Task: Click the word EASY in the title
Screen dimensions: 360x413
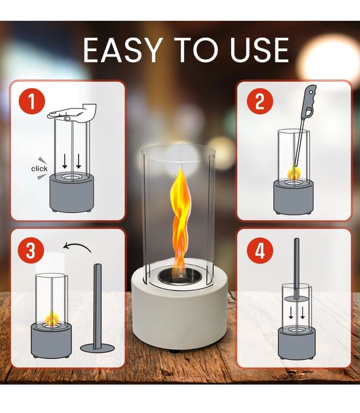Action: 122,50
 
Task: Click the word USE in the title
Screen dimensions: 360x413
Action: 259,50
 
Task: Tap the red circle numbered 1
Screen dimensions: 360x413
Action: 31,101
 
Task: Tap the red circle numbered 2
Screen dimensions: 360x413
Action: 260,101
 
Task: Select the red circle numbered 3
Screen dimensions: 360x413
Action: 31,250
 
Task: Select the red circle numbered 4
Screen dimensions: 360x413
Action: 260,250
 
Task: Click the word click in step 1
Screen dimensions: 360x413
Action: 39,169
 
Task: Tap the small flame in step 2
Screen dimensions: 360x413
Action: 294,173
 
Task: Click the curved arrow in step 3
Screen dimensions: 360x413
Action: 77,246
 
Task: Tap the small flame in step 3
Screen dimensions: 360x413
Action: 52,318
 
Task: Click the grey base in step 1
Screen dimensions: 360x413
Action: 71,193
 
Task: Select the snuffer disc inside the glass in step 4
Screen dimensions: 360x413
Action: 296,299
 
